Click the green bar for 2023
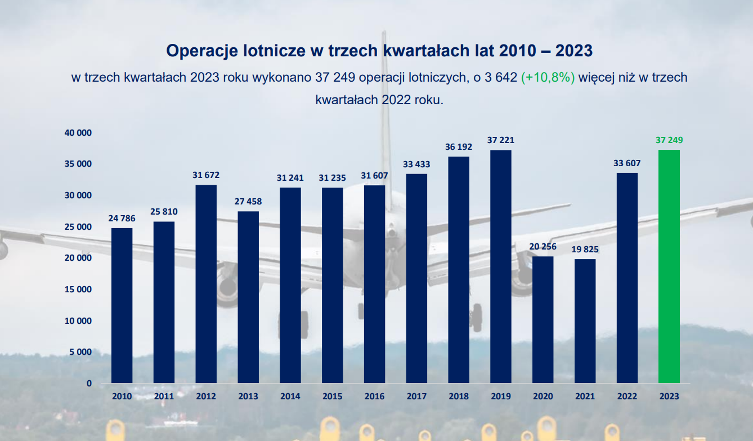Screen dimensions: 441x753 click(x=669, y=266)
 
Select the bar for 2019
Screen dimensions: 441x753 click(x=501, y=266)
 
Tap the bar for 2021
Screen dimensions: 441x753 click(x=585, y=321)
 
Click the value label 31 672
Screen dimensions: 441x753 click(x=206, y=175)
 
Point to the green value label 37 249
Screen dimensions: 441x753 click(x=669, y=140)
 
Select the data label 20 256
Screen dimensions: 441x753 click(x=543, y=247)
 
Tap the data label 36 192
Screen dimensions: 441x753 click(x=459, y=146)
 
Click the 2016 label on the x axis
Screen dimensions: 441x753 click(x=375, y=397)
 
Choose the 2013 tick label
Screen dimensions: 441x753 click(x=248, y=397)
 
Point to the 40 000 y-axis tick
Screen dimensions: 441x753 click(x=78, y=133)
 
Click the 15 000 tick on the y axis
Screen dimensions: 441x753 click(x=78, y=289)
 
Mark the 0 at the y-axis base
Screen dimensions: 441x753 click(x=89, y=384)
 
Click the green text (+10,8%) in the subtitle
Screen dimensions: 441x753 click(x=548, y=78)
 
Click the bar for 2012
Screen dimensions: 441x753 click(x=206, y=284)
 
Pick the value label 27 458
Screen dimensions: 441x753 click(x=248, y=201)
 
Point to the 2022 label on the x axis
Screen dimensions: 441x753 click(x=627, y=397)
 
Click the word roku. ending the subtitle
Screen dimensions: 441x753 click(x=429, y=100)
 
